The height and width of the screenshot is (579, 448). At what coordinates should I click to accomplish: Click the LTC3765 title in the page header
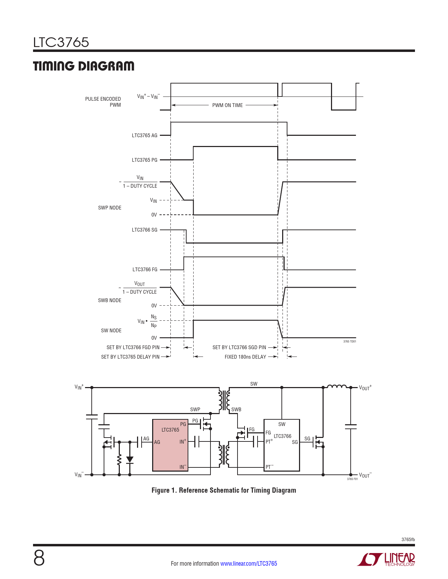[61, 42]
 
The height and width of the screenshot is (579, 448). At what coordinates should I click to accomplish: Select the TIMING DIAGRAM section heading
[84, 66]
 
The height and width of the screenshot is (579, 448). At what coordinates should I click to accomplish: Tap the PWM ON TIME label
[227, 105]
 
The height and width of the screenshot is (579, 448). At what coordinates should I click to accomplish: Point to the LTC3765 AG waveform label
[145, 135]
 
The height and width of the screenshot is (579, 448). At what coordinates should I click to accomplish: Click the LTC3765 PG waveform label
[145, 160]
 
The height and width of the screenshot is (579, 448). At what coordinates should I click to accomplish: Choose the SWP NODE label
[110, 208]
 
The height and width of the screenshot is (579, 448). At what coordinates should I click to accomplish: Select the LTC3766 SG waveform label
[145, 230]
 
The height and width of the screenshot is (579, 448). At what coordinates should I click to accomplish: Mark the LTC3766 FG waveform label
[145, 269]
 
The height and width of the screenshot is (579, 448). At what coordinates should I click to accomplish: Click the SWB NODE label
[110, 300]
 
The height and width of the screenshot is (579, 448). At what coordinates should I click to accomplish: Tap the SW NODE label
[111, 331]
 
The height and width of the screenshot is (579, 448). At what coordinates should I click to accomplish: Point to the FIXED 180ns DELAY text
[245, 357]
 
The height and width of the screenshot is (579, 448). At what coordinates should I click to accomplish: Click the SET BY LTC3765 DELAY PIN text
[130, 357]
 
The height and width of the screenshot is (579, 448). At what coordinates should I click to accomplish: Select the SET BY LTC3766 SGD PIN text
[239, 347]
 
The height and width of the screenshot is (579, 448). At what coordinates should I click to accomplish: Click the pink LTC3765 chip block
[170, 445]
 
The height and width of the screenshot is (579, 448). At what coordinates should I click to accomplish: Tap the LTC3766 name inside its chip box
[282, 436]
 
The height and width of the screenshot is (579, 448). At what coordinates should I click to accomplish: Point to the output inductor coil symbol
[337, 386]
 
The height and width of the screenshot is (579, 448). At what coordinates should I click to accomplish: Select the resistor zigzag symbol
[119, 459]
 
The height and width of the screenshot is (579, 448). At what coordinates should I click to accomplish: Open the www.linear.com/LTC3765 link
[249, 564]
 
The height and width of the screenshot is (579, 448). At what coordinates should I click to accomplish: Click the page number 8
[39, 559]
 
